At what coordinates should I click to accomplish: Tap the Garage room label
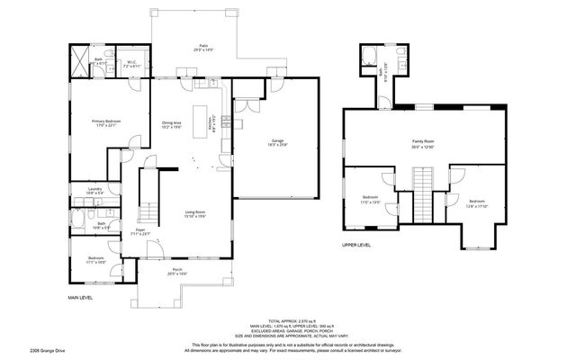click(278, 143)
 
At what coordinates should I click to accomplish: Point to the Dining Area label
click(172, 124)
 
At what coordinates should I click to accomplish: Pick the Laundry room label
click(94, 190)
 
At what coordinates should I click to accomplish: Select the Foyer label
click(140, 232)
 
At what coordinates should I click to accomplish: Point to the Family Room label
click(423, 143)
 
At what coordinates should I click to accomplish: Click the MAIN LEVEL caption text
click(82, 297)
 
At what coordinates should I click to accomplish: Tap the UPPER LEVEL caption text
click(356, 245)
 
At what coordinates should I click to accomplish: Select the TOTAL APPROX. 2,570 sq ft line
click(287, 319)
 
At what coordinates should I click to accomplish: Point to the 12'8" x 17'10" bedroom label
click(477, 202)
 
